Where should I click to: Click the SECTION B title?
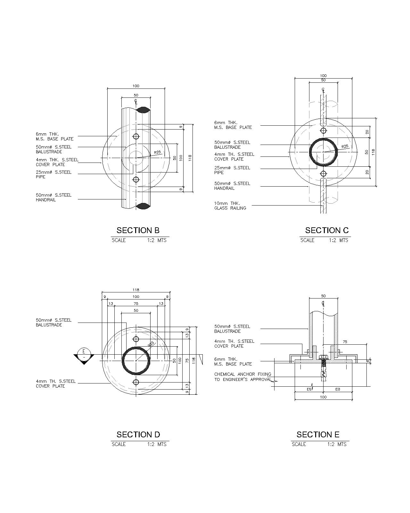[138, 230]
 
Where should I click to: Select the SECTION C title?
[327, 230]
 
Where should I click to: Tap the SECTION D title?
[138, 434]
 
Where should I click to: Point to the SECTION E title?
[318, 434]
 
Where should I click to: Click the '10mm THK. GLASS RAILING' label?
[230, 206]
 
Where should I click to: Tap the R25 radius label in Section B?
[157, 153]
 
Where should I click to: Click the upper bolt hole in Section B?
[136, 136]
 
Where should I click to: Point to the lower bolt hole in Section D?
[136, 382]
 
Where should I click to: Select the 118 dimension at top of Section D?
[136, 290]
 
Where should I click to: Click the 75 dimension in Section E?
[345, 342]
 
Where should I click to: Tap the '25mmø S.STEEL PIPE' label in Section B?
[53, 174]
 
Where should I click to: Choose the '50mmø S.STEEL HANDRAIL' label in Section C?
[232, 186]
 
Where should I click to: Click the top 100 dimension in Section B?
[136, 86]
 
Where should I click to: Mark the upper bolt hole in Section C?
[324, 130]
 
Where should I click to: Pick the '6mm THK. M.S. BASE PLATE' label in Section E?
[233, 361]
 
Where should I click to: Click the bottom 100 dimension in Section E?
[323, 397]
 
